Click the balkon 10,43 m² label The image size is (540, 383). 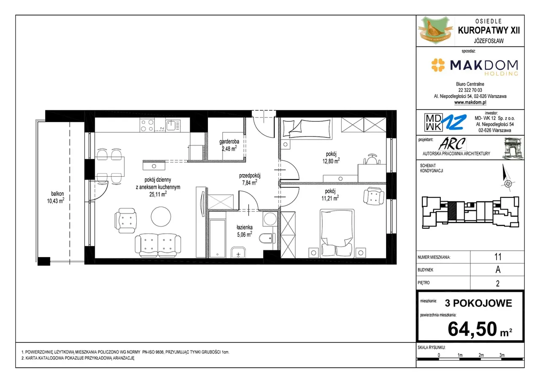(56, 197)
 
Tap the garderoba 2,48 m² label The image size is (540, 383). (229, 145)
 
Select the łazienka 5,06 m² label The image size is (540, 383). (245, 231)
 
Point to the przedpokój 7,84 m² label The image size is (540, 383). (250, 179)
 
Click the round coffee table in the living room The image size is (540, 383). (161, 216)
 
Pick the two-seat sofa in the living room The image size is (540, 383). (158, 245)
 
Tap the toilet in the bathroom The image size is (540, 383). (267, 238)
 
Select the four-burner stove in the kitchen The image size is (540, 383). (147, 125)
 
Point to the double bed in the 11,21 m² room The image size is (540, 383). (337, 233)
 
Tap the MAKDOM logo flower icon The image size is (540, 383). (438, 65)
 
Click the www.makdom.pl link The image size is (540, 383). (470, 102)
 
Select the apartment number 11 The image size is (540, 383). (497, 257)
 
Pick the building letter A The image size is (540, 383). (498, 270)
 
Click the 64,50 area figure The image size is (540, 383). (472, 329)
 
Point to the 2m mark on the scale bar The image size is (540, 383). (481, 355)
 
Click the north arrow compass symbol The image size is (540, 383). (507, 178)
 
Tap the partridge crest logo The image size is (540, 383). (435, 30)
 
